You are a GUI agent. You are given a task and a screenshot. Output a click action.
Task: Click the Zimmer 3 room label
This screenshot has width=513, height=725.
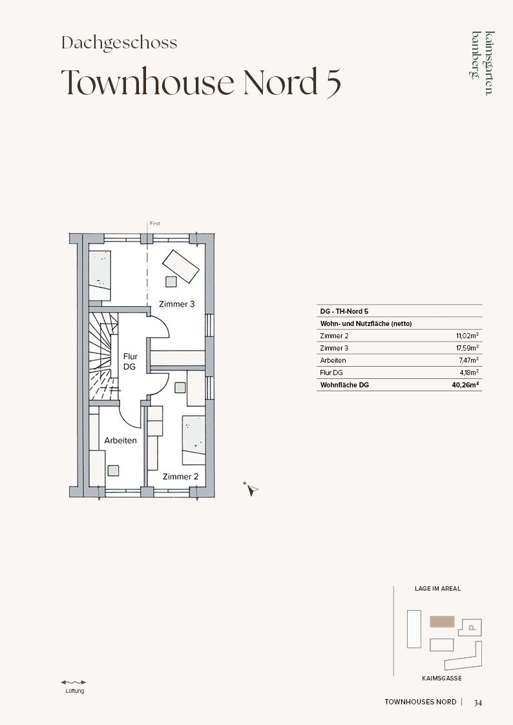(x=176, y=304)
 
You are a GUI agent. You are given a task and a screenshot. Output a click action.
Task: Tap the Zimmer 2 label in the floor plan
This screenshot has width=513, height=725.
(x=180, y=476)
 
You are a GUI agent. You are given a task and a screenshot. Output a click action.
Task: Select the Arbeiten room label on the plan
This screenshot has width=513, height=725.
(x=120, y=441)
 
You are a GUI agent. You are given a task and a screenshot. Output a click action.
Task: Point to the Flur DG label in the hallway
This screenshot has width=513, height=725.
(x=130, y=362)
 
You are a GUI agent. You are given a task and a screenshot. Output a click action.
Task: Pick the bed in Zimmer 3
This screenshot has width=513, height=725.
(x=99, y=276)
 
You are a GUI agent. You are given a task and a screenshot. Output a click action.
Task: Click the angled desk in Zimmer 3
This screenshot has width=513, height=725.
(x=181, y=267)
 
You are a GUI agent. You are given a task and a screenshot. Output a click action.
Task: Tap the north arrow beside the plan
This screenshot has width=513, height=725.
(x=251, y=489)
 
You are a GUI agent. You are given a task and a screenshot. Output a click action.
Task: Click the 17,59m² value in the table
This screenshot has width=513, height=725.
(x=467, y=348)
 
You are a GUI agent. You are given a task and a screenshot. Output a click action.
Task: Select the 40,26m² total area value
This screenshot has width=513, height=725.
(x=465, y=385)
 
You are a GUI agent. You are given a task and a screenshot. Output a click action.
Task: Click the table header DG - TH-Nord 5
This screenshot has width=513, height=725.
(x=344, y=311)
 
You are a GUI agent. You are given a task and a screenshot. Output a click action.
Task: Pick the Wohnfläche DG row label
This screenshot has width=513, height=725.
(x=344, y=385)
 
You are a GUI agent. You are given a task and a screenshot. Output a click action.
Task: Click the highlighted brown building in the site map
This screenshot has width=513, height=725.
(x=442, y=622)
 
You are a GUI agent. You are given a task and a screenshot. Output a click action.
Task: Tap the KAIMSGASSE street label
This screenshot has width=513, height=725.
(x=442, y=679)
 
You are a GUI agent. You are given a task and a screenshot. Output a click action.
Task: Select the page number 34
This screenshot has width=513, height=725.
(x=478, y=702)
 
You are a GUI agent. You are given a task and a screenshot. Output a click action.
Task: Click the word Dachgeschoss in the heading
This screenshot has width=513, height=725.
(x=120, y=43)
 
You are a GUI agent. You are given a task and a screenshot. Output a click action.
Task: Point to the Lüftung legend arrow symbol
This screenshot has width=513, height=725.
(x=74, y=682)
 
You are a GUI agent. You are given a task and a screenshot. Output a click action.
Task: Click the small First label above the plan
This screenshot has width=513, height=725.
(x=155, y=223)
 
